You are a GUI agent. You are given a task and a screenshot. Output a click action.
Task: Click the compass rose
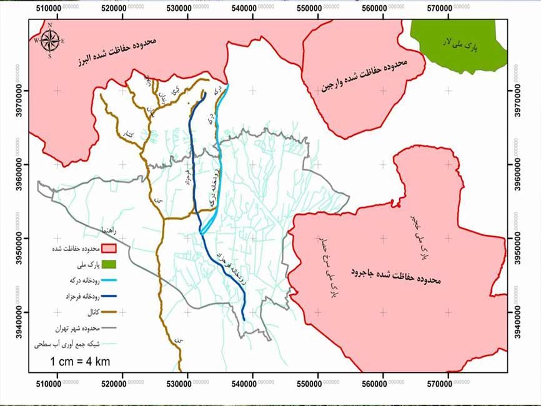[49, 40]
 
